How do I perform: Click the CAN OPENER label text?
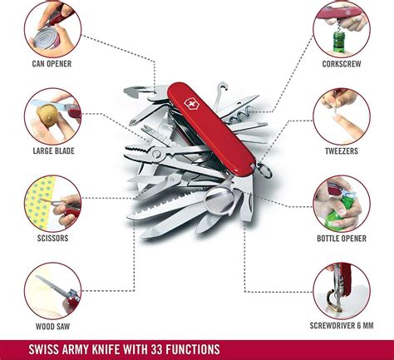pos(52,62)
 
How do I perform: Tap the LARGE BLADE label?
pos(52,150)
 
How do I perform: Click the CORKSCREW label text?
pos(342,62)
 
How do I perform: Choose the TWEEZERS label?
pos(342,150)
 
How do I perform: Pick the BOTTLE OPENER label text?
pos(342,238)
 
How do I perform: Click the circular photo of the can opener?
pos(52,27)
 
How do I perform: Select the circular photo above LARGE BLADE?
pos(52,116)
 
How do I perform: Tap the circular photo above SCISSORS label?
pos(52,203)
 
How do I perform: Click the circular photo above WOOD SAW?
pos(52,291)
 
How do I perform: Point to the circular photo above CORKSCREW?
pos(342,27)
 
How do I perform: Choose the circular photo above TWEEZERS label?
pos(342,116)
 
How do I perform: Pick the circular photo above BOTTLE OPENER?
pos(342,203)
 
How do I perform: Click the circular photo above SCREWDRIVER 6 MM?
pos(342,291)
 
